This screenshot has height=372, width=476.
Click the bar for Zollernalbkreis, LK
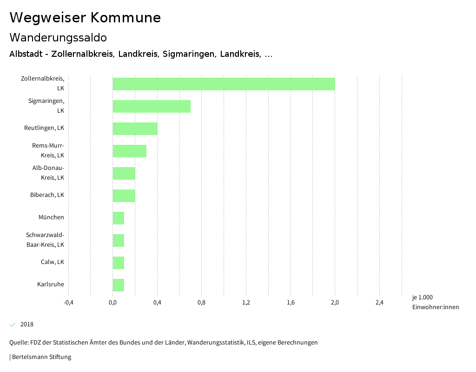click(224, 84)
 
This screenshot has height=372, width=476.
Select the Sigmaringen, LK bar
click(152, 106)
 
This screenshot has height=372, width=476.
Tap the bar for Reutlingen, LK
click(135, 129)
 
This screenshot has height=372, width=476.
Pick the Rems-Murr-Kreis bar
click(129, 151)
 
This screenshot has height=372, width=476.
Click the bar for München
click(118, 218)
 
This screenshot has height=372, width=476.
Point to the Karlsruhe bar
click(118, 285)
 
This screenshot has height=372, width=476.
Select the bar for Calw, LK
click(118, 263)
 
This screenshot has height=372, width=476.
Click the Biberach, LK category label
click(47, 195)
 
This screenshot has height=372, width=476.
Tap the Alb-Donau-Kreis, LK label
click(48, 172)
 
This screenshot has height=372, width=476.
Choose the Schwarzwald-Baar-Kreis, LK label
click(45, 239)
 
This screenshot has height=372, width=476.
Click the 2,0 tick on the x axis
click(335, 303)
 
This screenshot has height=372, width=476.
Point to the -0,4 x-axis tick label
click(68, 303)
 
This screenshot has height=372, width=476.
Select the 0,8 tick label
click(201, 303)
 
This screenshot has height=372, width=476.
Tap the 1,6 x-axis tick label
click(291, 303)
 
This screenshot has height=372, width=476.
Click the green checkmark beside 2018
click(13, 325)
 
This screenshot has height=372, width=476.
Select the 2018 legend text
click(27, 325)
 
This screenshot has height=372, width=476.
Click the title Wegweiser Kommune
click(85, 18)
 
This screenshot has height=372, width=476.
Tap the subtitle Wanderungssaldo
click(58, 37)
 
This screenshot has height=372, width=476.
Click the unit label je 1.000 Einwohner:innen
click(435, 302)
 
